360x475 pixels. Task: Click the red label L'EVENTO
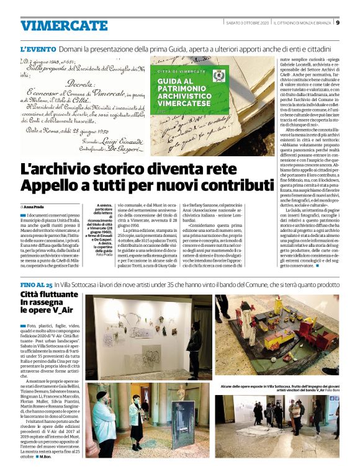(x=38, y=48)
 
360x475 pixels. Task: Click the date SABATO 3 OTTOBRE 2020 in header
(x=247, y=23)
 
